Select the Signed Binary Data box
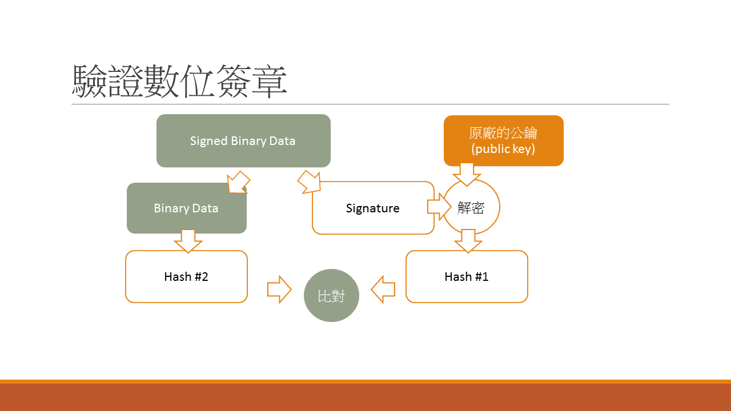pos(243,140)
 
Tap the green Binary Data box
pos(186,208)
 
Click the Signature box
pos(372,208)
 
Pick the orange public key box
pos(503,140)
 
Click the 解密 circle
pos(472,208)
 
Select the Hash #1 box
pos(467,277)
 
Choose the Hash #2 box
pos(186,277)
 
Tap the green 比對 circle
pos(331,295)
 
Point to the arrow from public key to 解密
pos(467,174)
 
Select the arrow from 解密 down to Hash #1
pos(468,240)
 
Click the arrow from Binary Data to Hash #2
pos(188,240)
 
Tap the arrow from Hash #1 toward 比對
pos(383,289)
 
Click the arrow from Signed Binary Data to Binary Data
pos(238,182)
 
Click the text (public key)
pos(503,150)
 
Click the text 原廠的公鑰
pos(503,133)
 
